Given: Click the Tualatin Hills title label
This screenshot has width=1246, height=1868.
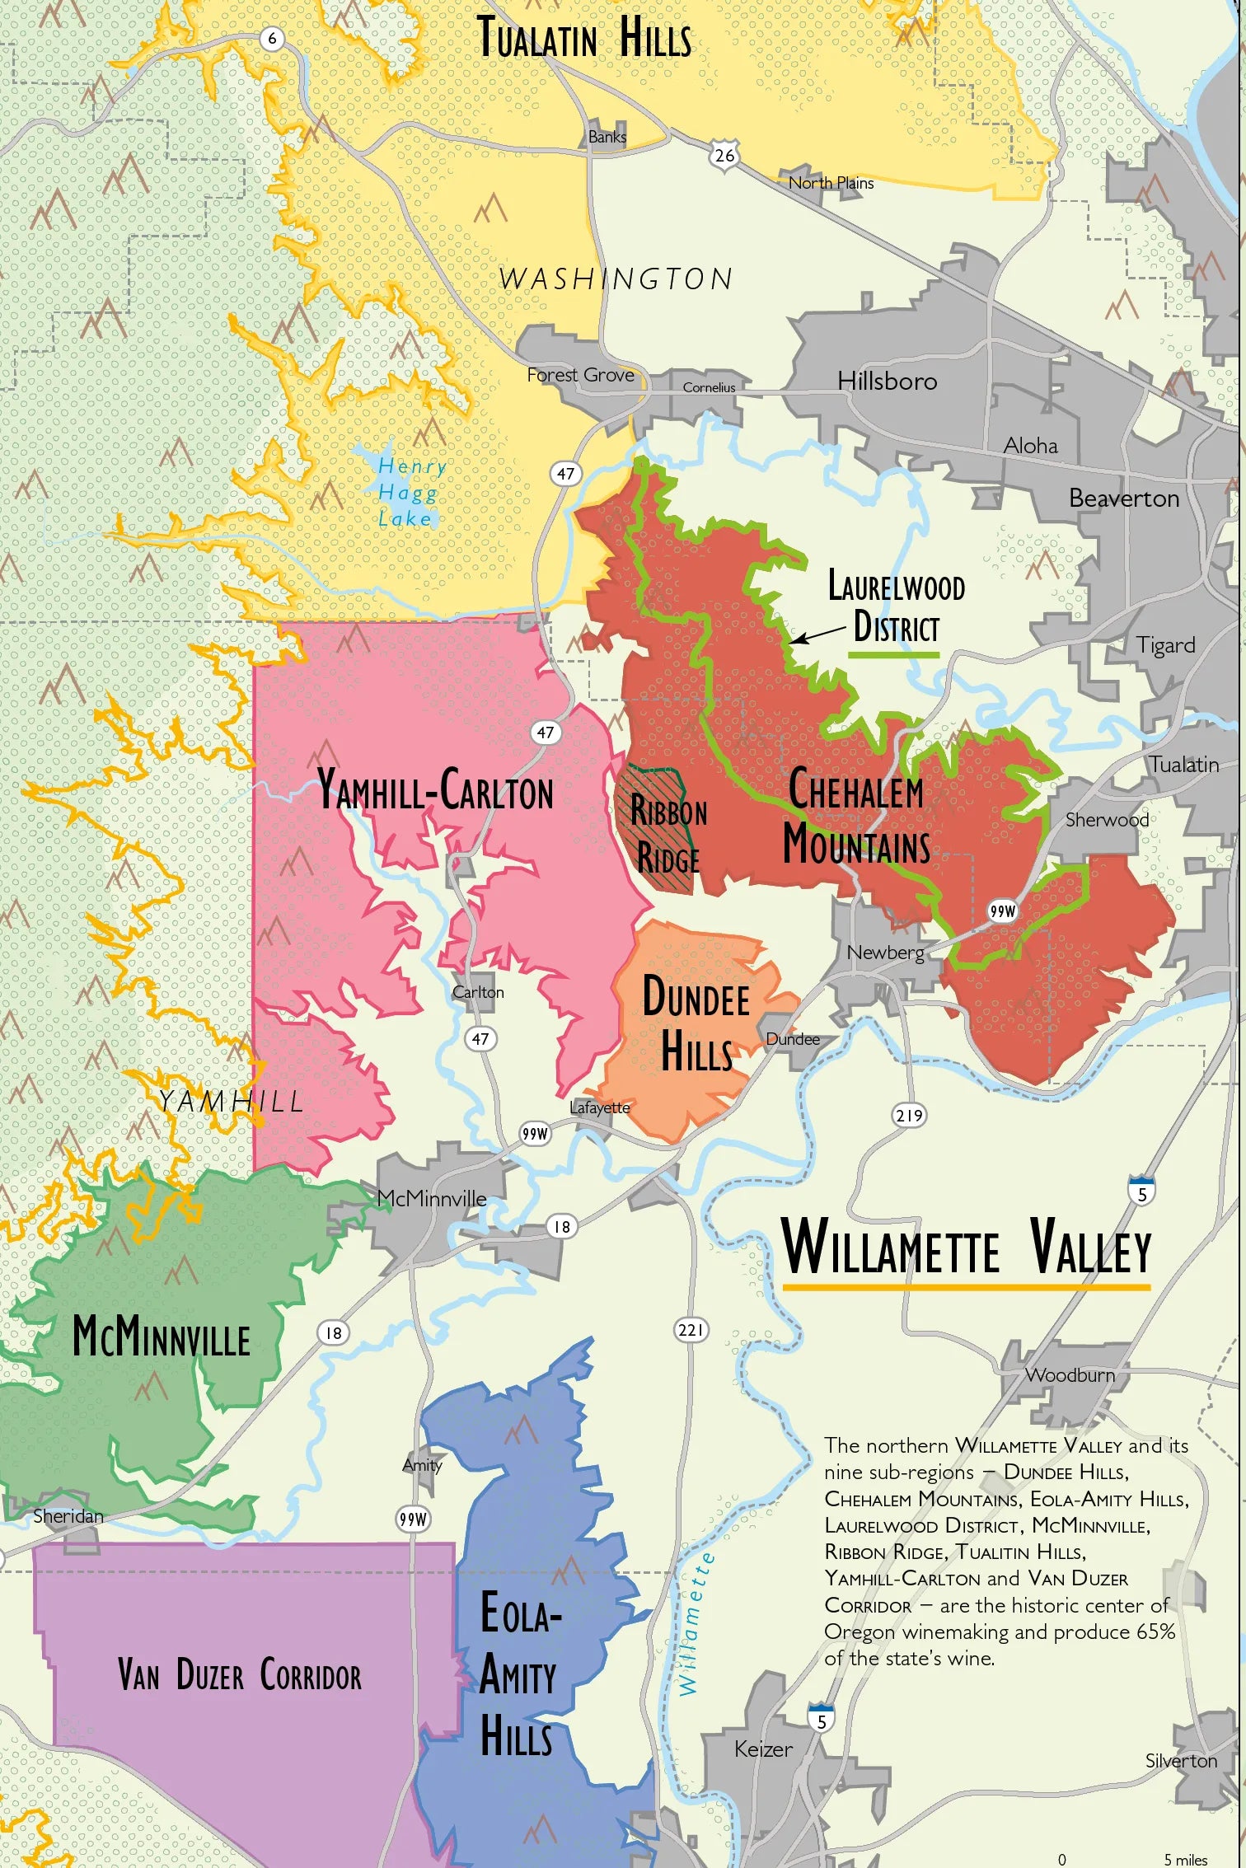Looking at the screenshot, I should tap(584, 39).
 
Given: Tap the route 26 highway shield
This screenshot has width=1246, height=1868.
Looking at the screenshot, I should tap(724, 155).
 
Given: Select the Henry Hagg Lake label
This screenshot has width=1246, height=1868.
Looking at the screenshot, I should tap(410, 492).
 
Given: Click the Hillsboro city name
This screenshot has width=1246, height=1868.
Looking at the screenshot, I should tap(887, 381).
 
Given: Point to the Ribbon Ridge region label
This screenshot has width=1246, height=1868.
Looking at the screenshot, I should tap(668, 834).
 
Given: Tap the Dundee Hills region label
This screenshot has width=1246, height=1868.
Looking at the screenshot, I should tap(696, 1023).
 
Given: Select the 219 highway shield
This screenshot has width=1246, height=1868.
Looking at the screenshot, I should tap(909, 1115).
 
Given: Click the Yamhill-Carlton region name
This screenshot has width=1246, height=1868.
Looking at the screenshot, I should tap(435, 789).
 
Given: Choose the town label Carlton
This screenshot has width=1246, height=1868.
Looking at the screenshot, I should tap(478, 992).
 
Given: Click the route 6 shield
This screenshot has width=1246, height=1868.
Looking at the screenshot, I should tap(272, 38).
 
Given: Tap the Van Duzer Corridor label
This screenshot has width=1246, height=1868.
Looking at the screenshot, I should tap(239, 1675).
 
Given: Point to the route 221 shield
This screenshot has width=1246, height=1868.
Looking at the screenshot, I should tap(691, 1329).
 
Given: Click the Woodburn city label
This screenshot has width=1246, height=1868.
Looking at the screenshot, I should tap(1070, 1374).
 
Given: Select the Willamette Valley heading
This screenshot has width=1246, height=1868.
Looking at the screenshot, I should tap(966, 1247).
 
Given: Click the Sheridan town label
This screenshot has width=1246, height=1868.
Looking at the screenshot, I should tap(68, 1515).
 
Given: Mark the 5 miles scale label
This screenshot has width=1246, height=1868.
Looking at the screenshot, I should tap(1185, 1860).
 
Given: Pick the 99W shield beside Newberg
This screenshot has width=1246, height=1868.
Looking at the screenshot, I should tap(1003, 911).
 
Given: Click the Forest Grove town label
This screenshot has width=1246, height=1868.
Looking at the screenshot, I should tap(580, 375).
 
